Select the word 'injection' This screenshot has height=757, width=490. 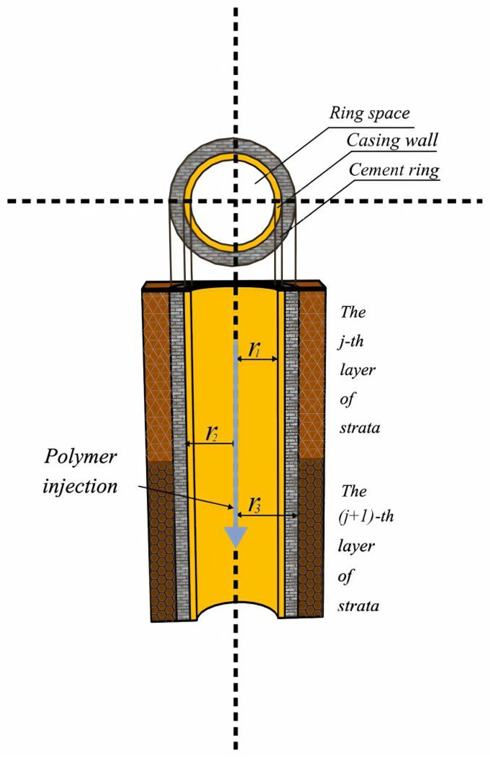(x=80, y=487)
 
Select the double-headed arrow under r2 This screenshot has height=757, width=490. (x=210, y=443)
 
